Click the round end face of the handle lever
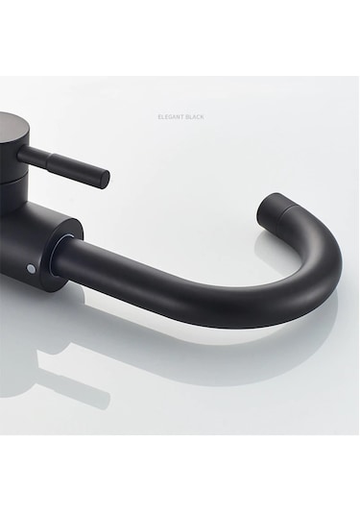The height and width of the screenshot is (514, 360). [x=106, y=179]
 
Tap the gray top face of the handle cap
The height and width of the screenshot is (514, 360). [x=12, y=126]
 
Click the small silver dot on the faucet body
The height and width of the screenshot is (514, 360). [x=31, y=269]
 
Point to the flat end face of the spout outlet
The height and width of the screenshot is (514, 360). [x=269, y=209]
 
